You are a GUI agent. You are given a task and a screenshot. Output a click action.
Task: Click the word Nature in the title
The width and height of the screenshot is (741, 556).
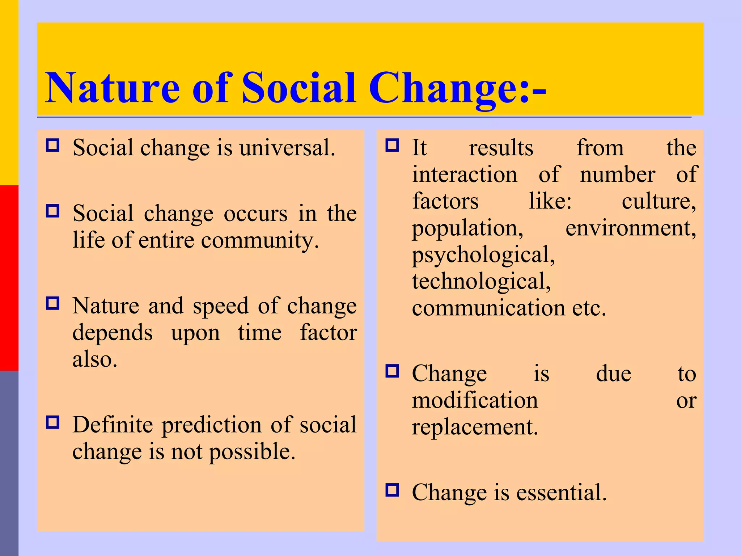click(x=112, y=88)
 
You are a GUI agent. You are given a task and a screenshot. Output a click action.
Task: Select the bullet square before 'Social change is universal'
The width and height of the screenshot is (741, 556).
click(x=53, y=145)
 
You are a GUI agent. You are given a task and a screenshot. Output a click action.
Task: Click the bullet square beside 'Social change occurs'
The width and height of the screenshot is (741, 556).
click(x=53, y=211)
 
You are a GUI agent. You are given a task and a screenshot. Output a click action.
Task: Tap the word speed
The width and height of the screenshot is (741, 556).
click(x=221, y=306)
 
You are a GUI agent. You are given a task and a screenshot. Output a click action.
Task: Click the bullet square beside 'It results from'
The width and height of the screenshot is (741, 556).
click(x=392, y=145)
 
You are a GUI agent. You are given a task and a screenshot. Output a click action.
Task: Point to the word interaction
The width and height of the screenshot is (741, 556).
click(x=465, y=174)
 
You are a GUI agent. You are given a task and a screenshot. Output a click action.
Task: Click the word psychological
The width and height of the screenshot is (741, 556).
click(x=483, y=256)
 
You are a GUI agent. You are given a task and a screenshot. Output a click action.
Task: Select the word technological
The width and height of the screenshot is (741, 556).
click(x=481, y=282)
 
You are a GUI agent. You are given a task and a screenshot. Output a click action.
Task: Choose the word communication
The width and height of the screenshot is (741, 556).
click(x=488, y=308)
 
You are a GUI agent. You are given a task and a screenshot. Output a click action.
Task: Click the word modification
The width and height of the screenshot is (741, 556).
click(x=475, y=400)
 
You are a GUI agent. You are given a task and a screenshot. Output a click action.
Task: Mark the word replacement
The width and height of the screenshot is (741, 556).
click(x=475, y=427)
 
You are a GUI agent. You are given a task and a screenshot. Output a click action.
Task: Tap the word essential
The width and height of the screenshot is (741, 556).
click(x=561, y=493)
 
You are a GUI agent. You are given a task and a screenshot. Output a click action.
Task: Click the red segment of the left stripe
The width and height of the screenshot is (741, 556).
click(x=9, y=278)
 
